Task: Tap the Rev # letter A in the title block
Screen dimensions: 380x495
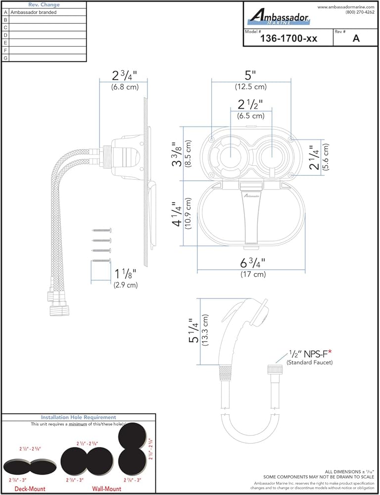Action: [355, 39]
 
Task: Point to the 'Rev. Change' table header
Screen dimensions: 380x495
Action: [44, 4]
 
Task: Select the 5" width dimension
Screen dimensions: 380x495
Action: [250, 76]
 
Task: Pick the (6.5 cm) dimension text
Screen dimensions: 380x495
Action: [251, 116]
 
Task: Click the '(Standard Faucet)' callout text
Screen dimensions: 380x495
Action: [309, 363]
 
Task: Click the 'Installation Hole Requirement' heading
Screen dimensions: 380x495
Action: [78, 417]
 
